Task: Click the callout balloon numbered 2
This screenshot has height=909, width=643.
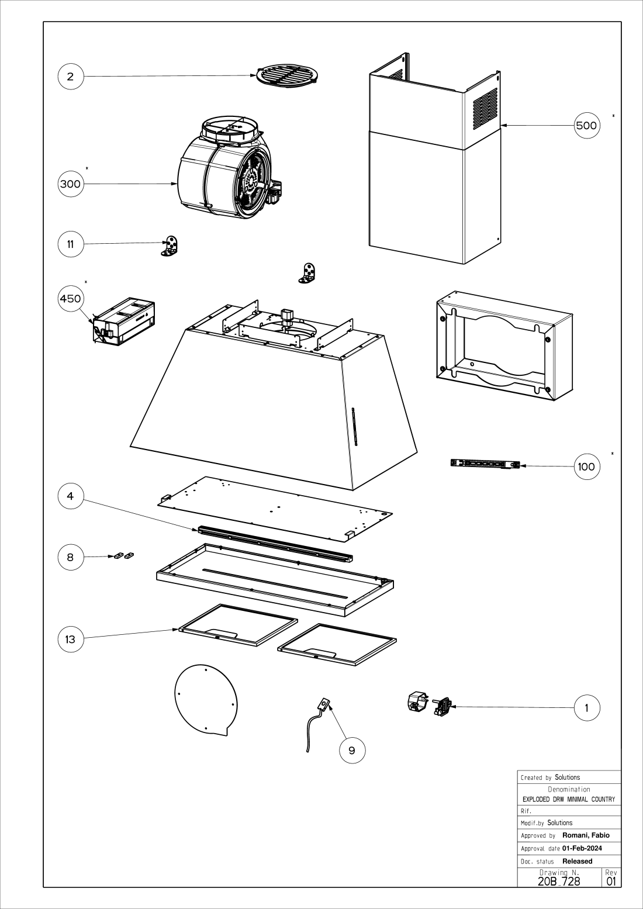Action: tap(71, 77)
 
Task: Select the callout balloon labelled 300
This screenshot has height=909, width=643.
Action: tap(70, 184)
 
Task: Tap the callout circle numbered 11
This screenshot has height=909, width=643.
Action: tap(71, 244)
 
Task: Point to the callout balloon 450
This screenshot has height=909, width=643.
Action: tap(71, 299)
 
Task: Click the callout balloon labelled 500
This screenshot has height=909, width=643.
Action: tap(586, 125)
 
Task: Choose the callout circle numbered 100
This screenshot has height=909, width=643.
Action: tap(586, 466)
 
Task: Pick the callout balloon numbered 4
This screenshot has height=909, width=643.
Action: tap(71, 496)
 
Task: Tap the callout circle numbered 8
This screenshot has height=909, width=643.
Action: tap(71, 557)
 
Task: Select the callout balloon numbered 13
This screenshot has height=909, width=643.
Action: tap(71, 639)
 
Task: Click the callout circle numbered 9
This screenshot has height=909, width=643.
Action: tap(352, 750)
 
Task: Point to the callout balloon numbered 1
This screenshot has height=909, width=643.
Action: tap(587, 708)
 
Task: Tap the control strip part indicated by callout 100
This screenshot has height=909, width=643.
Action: tap(485, 464)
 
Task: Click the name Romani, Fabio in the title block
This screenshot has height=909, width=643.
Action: tap(586, 835)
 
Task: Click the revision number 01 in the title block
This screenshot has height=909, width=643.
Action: tap(611, 881)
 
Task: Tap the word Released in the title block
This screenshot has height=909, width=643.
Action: tap(578, 861)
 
